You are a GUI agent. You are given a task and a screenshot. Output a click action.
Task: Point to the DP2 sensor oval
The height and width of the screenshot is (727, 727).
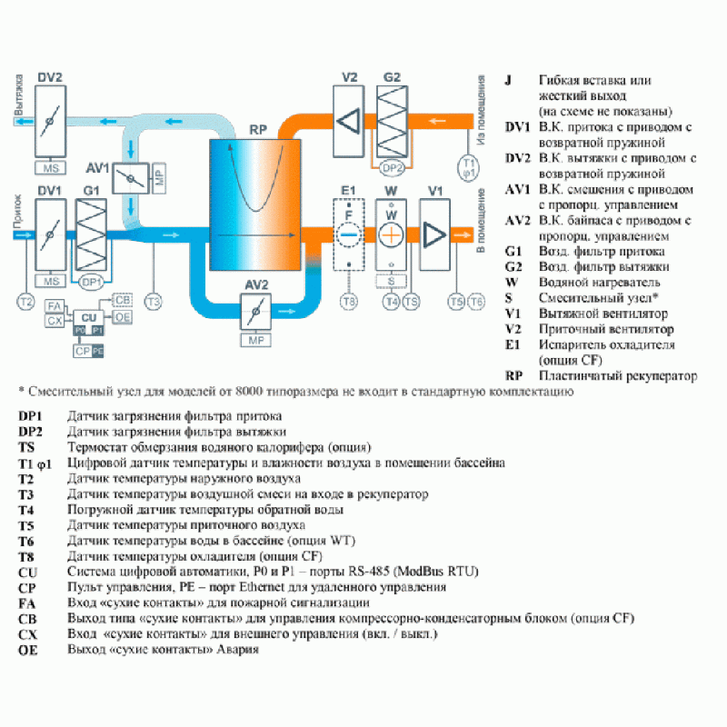click(392, 168)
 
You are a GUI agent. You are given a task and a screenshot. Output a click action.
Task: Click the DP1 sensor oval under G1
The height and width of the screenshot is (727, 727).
click(91, 282)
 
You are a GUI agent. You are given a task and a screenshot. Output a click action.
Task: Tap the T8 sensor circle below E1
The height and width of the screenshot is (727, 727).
click(346, 301)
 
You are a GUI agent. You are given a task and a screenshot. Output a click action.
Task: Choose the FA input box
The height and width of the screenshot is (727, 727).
click(55, 306)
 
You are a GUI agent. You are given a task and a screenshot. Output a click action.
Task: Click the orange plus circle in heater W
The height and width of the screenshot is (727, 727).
click(391, 234)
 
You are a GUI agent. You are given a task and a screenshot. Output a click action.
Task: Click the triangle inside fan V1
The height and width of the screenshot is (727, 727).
click(435, 234)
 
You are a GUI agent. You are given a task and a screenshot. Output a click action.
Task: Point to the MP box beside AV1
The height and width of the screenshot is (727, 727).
click(159, 178)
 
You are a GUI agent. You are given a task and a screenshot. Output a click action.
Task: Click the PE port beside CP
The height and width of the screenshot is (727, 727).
click(98, 350)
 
